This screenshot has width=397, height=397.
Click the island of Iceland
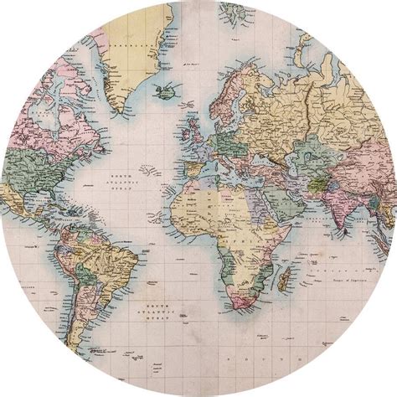[167, 90]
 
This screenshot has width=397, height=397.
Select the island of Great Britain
[196, 126]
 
